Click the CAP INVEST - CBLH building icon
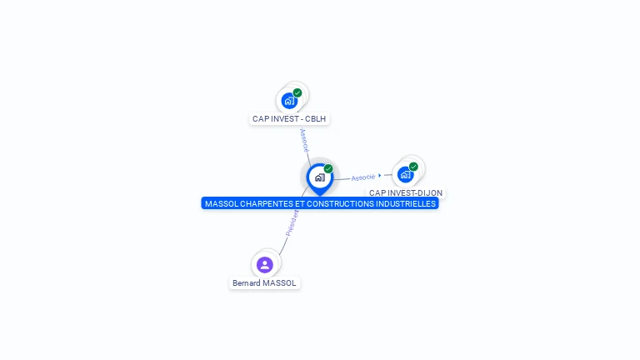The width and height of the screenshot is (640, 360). [x=289, y=101]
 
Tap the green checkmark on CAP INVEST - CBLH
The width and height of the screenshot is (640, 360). [x=297, y=92]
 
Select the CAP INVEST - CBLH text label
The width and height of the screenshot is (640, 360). [x=290, y=119]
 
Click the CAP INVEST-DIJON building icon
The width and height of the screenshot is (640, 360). [x=405, y=174]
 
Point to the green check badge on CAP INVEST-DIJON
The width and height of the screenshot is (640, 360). [x=413, y=167]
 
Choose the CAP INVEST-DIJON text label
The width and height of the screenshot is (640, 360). [x=406, y=193]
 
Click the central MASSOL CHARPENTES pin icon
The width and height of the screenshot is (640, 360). [x=319, y=177]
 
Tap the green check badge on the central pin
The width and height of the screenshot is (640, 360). [x=328, y=168]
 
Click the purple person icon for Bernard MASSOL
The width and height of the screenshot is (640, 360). [x=265, y=265]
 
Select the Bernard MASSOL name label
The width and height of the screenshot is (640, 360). [x=264, y=283]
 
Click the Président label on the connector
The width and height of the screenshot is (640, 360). [x=292, y=222]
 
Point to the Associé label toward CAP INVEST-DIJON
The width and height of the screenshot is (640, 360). [x=363, y=177]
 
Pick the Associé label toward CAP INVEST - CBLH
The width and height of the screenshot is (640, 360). [x=304, y=139]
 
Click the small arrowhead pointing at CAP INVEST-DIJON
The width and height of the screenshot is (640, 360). [x=380, y=176]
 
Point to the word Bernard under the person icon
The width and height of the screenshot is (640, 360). [x=247, y=283]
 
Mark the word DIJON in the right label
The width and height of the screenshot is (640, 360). [x=429, y=193]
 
